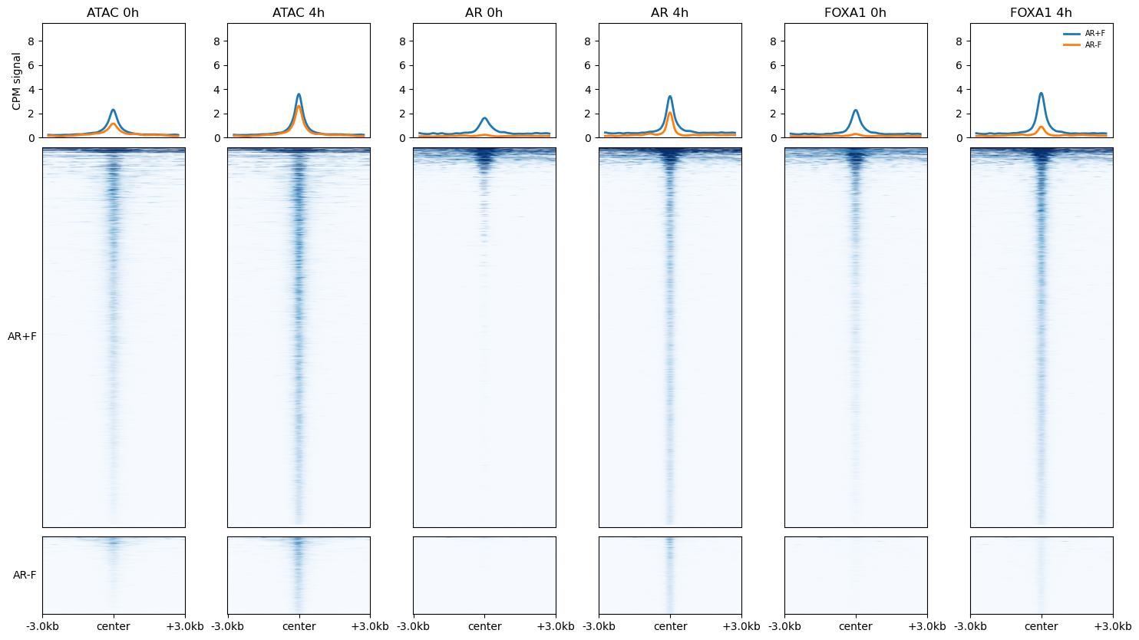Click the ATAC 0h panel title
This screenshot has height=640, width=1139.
coord(113,13)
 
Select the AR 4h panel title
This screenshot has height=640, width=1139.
coord(670,13)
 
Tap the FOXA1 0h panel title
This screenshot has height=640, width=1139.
coord(855,13)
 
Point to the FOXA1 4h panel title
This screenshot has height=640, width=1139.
coord(1041,13)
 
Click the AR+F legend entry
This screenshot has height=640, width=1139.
coord(1084,34)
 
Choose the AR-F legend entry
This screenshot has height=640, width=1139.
coord(1082,45)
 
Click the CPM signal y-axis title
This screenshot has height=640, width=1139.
coord(16,81)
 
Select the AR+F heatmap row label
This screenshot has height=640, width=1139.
coord(21,337)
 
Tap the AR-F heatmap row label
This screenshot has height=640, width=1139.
coord(25,575)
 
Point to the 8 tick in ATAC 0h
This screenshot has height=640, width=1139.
coord(31,41)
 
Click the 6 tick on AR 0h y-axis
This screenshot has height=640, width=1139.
coord(402,65)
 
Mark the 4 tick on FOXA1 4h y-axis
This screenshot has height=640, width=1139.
coord(959,90)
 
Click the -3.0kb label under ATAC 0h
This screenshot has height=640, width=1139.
coord(43,626)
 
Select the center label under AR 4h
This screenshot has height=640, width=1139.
coord(670,626)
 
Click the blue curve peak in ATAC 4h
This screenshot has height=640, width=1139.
coord(299,94)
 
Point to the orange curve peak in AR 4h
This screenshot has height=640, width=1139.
coord(670,112)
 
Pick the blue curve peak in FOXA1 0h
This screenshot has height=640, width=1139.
coord(855,111)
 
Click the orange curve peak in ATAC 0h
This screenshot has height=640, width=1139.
coord(113,124)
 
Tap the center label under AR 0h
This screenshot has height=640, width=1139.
coord(484,626)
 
